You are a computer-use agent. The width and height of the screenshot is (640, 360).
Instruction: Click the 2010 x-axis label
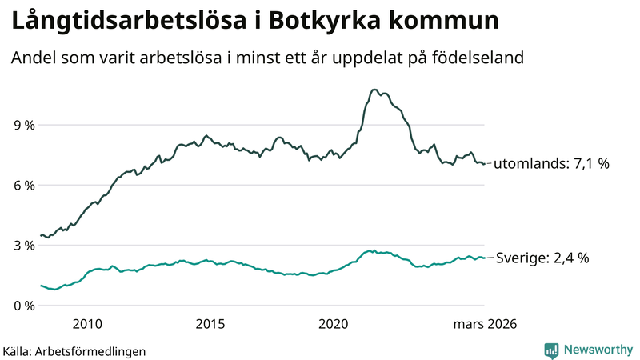click(87, 324)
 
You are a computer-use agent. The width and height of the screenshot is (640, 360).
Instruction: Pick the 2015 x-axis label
click(210, 324)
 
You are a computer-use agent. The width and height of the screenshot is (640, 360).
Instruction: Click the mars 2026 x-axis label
click(485, 324)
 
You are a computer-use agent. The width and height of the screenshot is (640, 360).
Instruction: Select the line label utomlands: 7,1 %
click(551, 164)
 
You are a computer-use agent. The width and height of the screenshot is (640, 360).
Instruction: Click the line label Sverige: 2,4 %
click(542, 258)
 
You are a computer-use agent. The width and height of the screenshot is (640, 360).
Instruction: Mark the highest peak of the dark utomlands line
click(374, 90)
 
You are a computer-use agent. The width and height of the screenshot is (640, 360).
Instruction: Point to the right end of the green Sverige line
click(484, 258)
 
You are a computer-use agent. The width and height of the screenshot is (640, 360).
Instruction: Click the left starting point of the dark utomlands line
click(41, 235)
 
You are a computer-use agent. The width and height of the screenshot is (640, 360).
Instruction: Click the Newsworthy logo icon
click(551, 350)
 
